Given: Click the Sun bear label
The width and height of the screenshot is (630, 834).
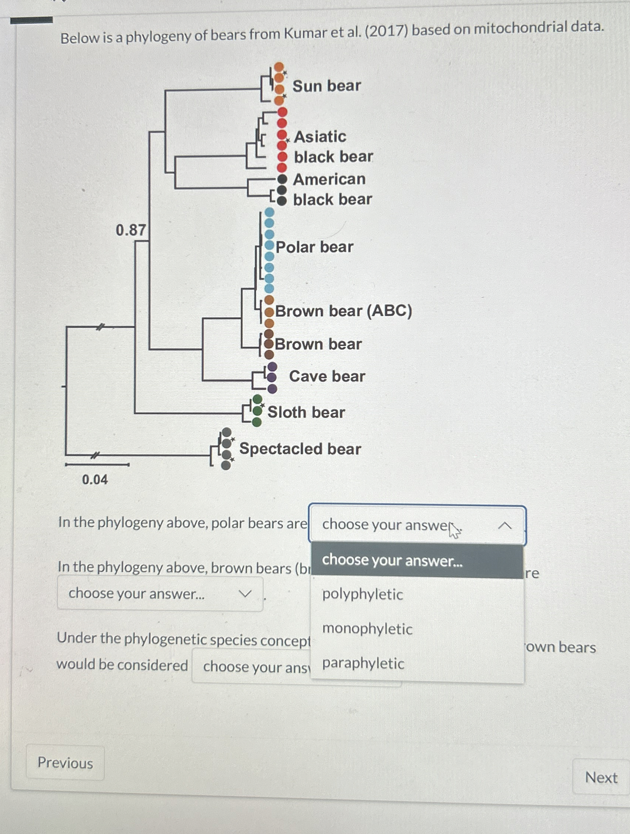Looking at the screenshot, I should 327,86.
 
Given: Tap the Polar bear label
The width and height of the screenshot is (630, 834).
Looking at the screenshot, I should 314,247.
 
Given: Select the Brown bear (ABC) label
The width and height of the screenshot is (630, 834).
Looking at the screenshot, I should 343,311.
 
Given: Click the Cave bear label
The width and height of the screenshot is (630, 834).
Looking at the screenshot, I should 327,376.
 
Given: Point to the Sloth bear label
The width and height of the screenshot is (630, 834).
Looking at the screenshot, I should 306,412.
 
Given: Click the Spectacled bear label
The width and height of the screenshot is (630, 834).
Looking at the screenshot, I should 300,449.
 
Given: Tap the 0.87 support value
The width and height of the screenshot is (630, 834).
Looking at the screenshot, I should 131,230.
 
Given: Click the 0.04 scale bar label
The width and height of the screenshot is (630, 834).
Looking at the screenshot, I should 95,479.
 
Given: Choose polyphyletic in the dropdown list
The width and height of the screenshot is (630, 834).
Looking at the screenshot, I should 362,594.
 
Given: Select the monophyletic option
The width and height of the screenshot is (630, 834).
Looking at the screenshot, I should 367,629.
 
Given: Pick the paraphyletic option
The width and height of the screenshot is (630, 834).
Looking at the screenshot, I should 363,663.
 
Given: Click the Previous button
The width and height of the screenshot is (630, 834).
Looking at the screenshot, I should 65,763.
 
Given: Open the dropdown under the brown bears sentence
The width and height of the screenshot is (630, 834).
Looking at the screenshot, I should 160,594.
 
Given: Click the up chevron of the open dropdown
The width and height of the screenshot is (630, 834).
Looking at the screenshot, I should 505,525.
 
